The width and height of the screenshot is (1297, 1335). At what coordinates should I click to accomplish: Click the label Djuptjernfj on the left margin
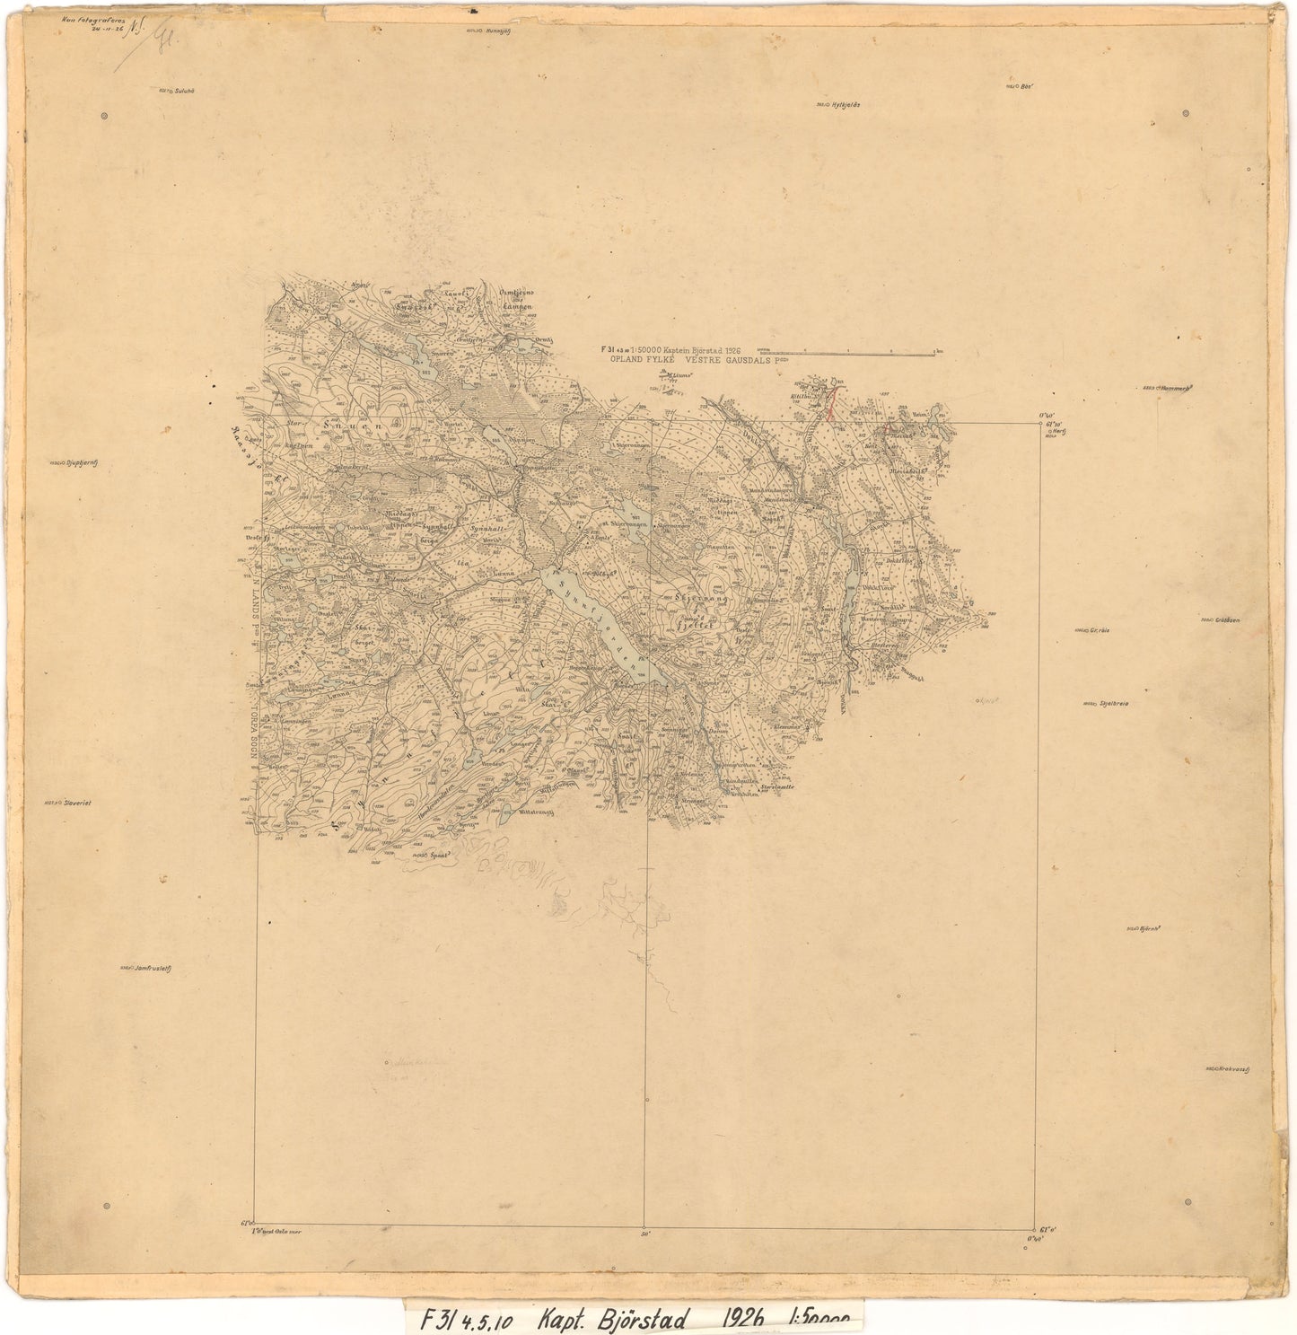click(75, 464)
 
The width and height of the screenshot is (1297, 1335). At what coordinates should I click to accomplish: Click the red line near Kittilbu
click(831, 403)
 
